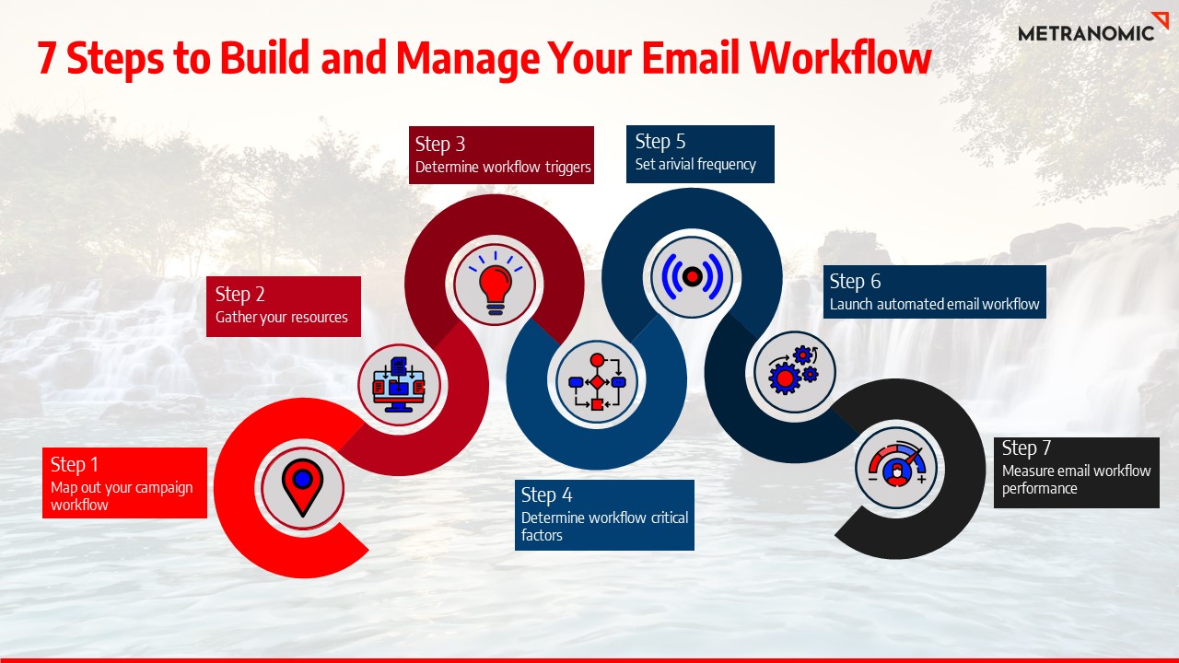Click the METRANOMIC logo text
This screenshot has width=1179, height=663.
[x=1085, y=33]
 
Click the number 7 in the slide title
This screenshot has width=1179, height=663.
[x=48, y=59]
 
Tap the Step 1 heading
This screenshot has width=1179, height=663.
[x=81, y=465]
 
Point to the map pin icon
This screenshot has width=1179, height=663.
[x=302, y=486]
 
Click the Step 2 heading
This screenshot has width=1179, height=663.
[x=240, y=295]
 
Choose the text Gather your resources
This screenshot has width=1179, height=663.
[x=282, y=318]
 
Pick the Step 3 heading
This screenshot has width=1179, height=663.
[x=440, y=145]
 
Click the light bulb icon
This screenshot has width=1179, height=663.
[x=496, y=284]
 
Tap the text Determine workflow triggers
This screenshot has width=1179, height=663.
[x=503, y=168]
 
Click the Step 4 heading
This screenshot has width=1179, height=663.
[x=547, y=495]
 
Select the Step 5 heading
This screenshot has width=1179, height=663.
[x=660, y=142]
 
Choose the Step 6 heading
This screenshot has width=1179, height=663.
[x=855, y=282]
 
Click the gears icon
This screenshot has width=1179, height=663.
[x=794, y=371]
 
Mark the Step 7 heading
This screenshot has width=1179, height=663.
[x=1026, y=448]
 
